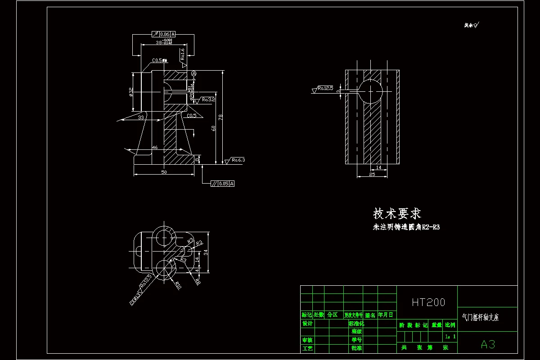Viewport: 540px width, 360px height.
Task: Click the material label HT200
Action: [x=428, y=302]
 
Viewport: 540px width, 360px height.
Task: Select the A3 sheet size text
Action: [x=488, y=345]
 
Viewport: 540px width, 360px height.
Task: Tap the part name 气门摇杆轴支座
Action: [x=481, y=318]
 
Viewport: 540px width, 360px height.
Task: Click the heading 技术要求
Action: [x=397, y=213]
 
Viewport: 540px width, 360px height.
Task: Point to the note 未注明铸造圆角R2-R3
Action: [x=406, y=227]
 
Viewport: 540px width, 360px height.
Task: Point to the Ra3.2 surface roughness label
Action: [x=208, y=99]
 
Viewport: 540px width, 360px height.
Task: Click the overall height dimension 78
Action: [x=220, y=117]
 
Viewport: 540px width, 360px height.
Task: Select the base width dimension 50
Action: [x=164, y=172]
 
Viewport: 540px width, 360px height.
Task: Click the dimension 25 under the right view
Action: [x=372, y=174]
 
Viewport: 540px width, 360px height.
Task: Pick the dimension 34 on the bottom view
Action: [x=206, y=253]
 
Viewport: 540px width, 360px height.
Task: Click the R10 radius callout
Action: [x=178, y=285]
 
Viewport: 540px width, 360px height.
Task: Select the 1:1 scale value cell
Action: [x=450, y=336]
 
